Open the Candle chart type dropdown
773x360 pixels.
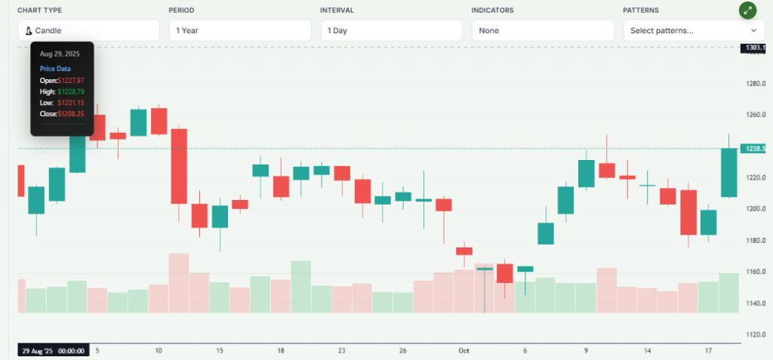click(x=88, y=31)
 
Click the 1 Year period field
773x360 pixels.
click(x=239, y=31)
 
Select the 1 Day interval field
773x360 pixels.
click(x=390, y=31)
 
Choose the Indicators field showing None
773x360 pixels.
click(x=542, y=31)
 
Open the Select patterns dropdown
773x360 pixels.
click(x=693, y=31)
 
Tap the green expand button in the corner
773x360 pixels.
click(x=747, y=11)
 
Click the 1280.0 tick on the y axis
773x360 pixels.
click(x=756, y=84)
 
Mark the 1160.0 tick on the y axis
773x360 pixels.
click(x=756, y=272)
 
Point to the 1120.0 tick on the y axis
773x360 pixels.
click(x=756, y=334)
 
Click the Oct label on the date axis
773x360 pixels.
click(x=463, y=351)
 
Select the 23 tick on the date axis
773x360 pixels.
click(x=341, y=351)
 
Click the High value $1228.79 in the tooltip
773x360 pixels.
click(x=71, y=91)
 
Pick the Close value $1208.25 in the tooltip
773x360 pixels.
click(x=71, y=114)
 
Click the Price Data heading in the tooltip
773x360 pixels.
click(x=55, y=69)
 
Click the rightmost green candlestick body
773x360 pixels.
click(x=728, y=173)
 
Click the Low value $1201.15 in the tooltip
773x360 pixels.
click(x=71, y=103)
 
